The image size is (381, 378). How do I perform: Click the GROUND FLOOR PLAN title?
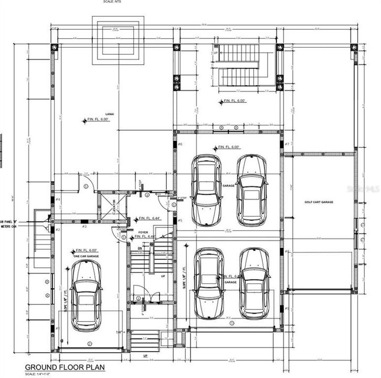[59, 367]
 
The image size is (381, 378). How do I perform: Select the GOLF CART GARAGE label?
[319, 202]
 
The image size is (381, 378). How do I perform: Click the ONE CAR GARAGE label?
[86, 256]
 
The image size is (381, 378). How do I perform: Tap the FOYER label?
[143, 232]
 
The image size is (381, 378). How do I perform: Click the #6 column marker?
[180, 144]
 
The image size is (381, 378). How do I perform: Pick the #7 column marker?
[287, 144]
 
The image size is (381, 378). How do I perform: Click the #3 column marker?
[84, 226]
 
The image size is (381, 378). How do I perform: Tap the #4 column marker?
[58, 199]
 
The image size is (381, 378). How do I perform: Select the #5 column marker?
[180, 220]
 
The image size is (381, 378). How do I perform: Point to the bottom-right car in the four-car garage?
[254, 283]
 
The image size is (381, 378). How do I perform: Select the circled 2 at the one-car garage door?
[89, 343]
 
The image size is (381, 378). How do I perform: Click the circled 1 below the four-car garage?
[231, 323]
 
